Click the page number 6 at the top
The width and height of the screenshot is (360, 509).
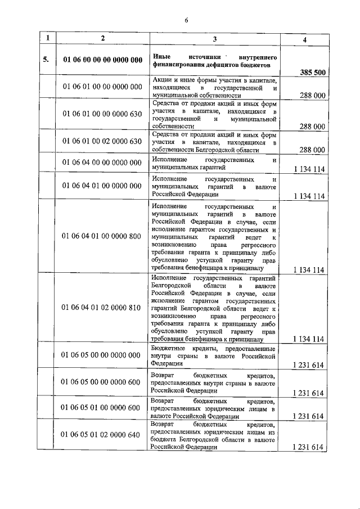coord(186,20)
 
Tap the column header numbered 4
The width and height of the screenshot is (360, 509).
coord(304,39)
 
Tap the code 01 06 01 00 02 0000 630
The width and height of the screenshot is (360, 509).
coord(102,141)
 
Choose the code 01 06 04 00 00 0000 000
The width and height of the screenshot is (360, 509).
coord(102,163)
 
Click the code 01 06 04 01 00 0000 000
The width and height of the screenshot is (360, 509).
coord(102,185)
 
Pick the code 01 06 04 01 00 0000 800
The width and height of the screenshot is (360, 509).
coord(102,236)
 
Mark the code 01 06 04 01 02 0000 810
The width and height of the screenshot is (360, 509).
coord(102,307)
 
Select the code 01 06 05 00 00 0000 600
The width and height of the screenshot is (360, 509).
coord(102,382)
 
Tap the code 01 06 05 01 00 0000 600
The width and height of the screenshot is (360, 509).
coord(102,407)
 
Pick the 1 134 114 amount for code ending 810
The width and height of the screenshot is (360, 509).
coord(308,339)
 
